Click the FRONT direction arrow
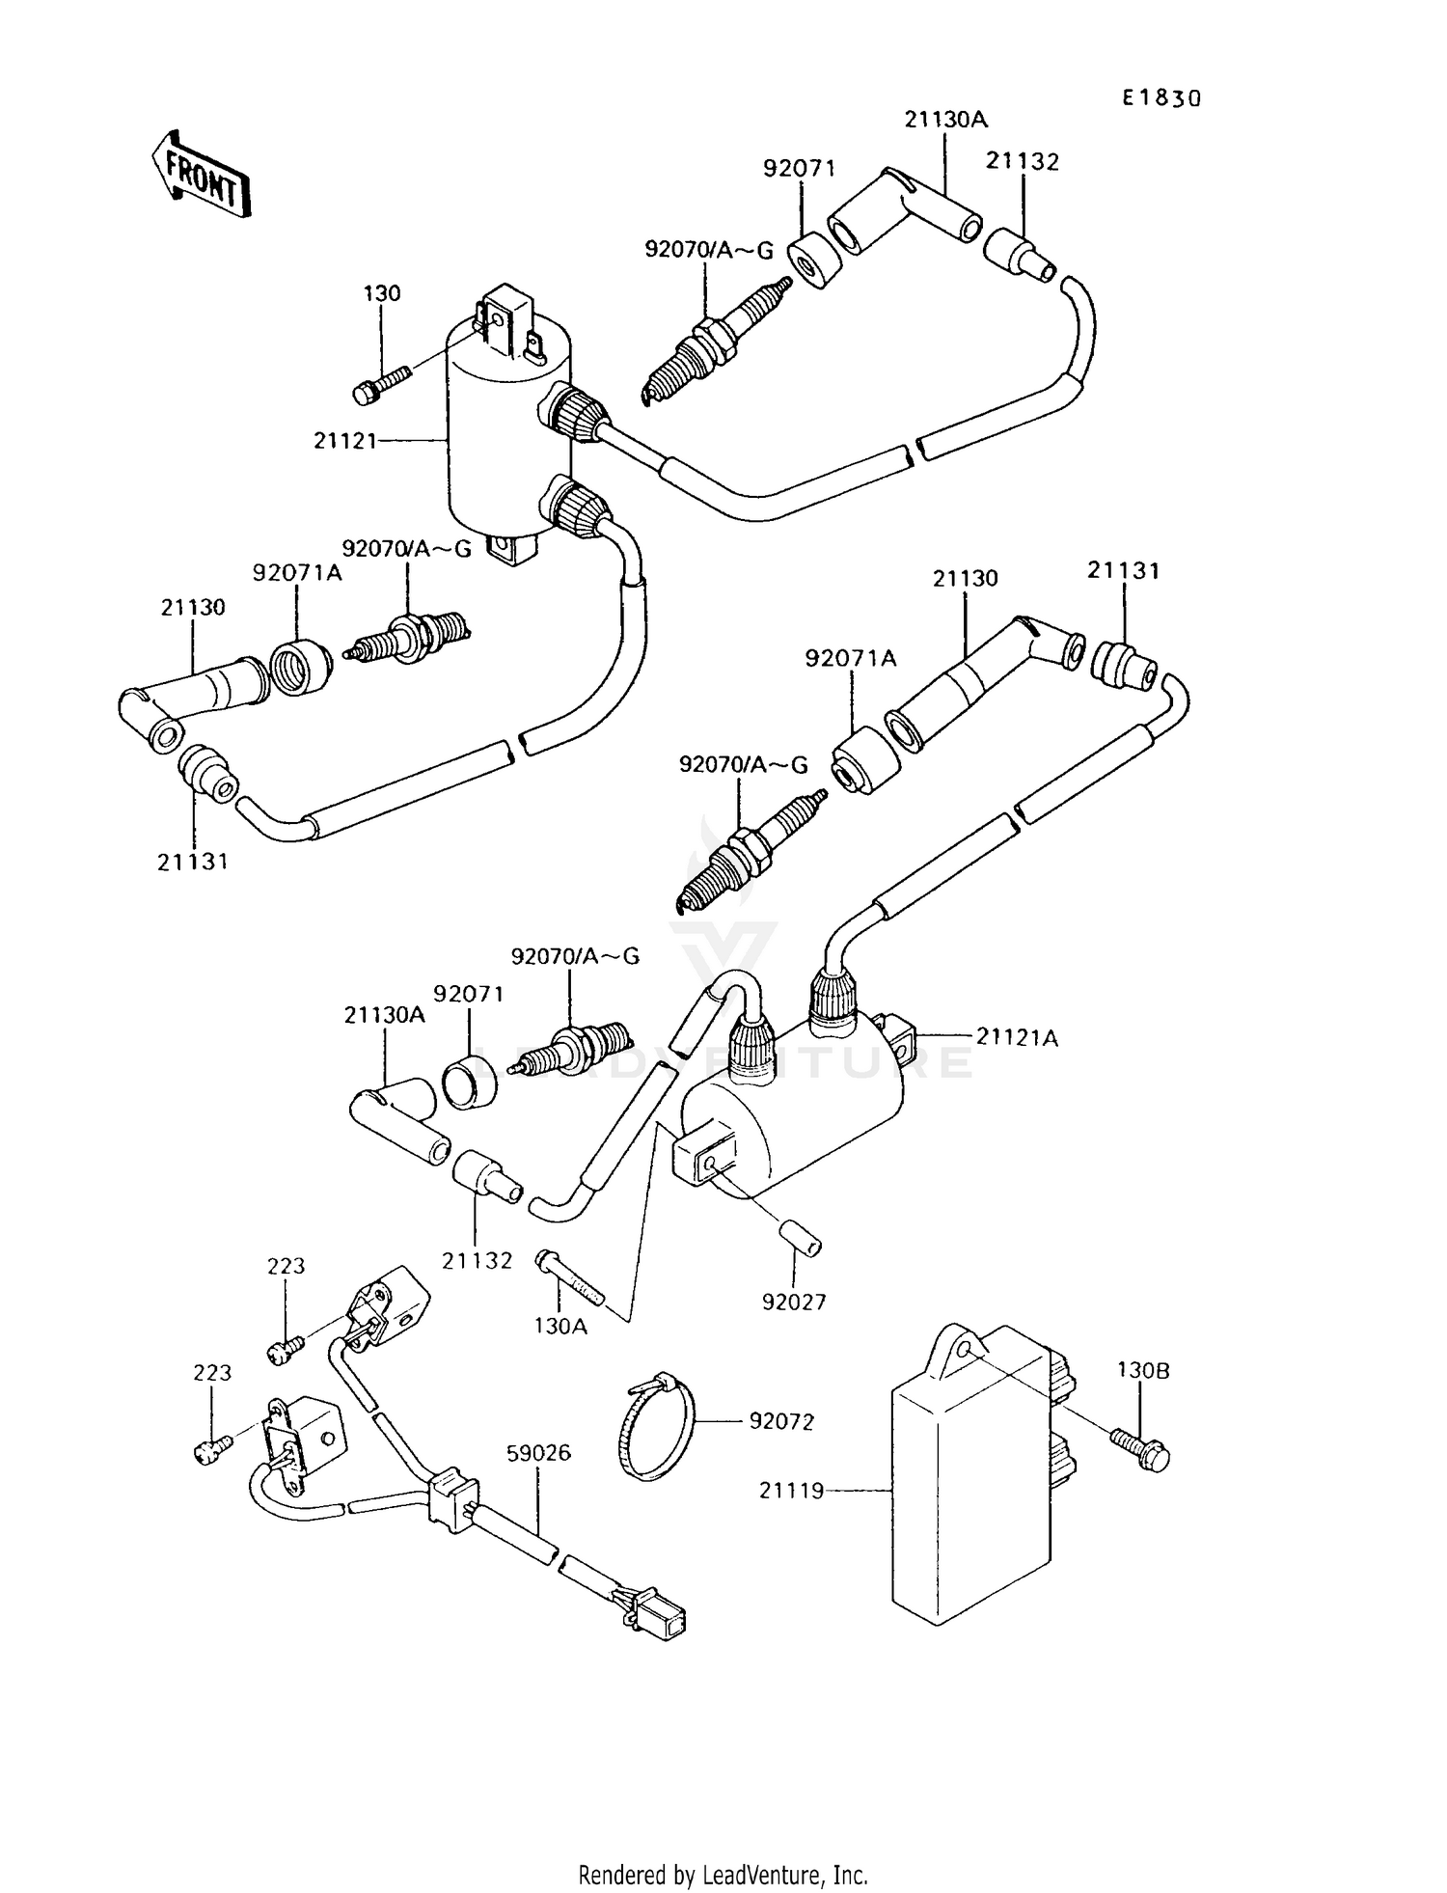[201, 174]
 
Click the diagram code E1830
[1161, 98]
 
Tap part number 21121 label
[343, 441]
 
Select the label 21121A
[1017, 1038]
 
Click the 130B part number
[1143, 1370]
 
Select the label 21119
[791, 1491]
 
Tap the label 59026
[538, 1452]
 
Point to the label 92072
[781, 1421]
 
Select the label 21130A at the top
[945, 120]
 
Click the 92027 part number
[794, 1302]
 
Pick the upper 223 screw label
[286, 1266]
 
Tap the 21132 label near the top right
[1022, 162]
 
